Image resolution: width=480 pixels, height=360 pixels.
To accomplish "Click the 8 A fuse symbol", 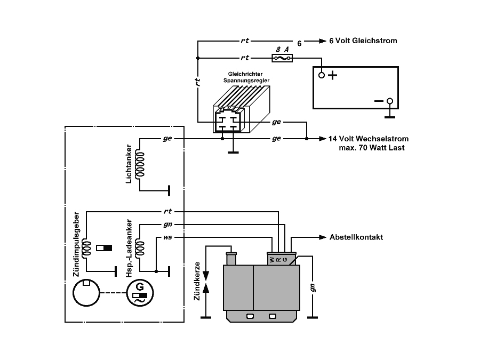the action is (x=282, y=58).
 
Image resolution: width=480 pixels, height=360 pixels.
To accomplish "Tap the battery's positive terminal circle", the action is (x=322, y=75).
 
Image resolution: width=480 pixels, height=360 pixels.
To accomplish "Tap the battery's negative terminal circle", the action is (x=390, y=101).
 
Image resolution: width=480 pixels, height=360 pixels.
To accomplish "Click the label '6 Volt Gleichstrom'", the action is (x=363, y=41).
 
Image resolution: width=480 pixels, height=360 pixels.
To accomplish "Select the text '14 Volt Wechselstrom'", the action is (x=368, y=139).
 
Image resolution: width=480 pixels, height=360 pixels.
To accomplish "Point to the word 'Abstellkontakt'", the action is (x=356, y=237).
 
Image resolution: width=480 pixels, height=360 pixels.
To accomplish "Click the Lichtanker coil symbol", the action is (x=140, y=164).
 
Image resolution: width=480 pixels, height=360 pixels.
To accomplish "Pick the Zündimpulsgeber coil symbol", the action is (x=87, y=248).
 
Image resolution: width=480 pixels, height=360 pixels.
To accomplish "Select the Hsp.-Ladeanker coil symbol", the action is (x=140, y=248).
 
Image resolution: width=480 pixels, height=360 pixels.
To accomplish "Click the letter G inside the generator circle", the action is (x=140, y=287).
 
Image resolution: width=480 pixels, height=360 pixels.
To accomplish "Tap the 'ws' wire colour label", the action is (x=167, y=237).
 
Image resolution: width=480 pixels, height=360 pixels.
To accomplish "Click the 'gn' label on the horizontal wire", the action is (x=168, y=225).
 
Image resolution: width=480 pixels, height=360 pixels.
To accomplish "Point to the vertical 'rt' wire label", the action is (x=198, y=82).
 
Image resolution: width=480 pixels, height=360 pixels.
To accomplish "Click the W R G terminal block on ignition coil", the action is (x=282, y=258).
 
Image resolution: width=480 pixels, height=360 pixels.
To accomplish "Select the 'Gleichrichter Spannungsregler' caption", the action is (x=246, y=77).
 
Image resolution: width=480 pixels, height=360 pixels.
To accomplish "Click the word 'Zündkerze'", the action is (x=197, y=281).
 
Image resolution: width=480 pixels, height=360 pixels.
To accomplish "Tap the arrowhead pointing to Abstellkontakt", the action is (x=323, y=237).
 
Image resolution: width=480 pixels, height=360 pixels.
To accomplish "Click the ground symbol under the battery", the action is (x=390, y=117).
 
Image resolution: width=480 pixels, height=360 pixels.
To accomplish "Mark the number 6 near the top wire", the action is (x=299, y=44).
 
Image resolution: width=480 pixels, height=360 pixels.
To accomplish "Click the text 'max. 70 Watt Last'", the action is (x=372, y=148).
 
